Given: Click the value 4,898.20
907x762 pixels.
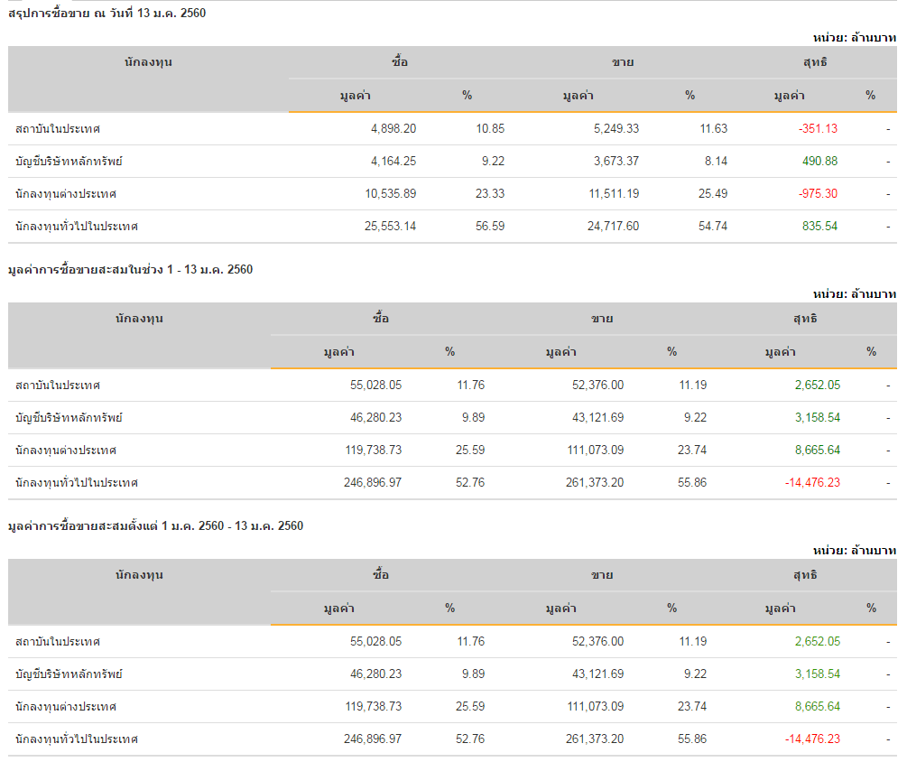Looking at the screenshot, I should click(x=393, y=129).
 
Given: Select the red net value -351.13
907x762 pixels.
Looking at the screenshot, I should click(x=818, y=129).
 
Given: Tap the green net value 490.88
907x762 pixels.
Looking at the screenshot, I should click(x=819, y=162).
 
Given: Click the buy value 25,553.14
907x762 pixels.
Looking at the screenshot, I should click(x=390, y=227).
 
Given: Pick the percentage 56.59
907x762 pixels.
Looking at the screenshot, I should click(x=490, y=227).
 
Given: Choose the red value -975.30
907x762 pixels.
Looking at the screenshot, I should click(x=818, y=194).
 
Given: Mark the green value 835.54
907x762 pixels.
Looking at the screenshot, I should click(x=819, y=227).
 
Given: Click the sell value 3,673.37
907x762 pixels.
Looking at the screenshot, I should click(x=616, y=162).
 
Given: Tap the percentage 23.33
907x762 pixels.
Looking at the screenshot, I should click(x=490, y=194).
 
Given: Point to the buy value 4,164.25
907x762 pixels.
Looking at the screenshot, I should click(x=393, y=162).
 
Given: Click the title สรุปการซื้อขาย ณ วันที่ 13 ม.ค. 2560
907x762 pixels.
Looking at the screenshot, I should click(x=107, y=14).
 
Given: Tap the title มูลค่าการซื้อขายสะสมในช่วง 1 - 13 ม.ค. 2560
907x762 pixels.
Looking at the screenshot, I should click(x=130, y=270).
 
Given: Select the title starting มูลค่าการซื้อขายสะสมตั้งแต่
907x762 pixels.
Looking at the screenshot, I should click(x=155, y=526).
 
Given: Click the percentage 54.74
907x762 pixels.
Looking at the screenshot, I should click(x=713, y=227).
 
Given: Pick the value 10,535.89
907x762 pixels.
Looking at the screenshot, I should click(x=390, y=194).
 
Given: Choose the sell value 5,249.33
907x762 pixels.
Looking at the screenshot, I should click(x=616, y=129).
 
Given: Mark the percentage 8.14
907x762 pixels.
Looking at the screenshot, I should click(x=716, y=162).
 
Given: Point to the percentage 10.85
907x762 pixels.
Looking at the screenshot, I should click(x=490, y=129).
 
